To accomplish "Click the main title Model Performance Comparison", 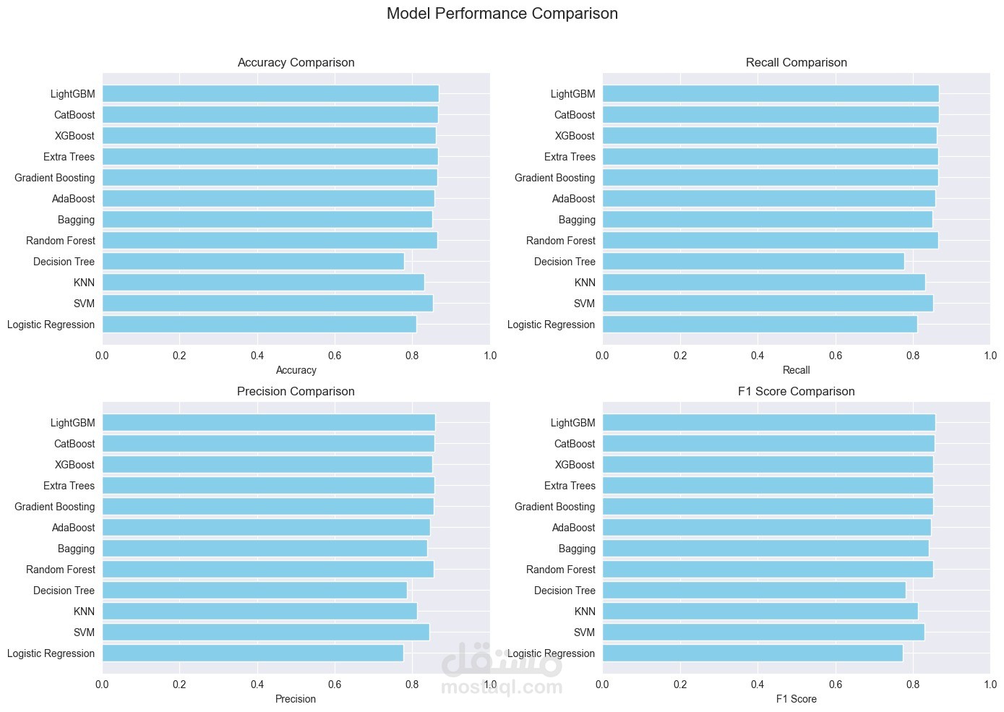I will pyautogui.click(x=502, y=14).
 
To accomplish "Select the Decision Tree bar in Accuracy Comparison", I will pyautogui.click(x=253, y=262).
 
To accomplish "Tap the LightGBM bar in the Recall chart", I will pyautogui.click(x=770, y=94).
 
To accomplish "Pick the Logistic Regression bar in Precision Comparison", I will pyautogui.click(x=252, y=653).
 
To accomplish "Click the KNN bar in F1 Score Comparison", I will pyautogui.click(x=760, y=612).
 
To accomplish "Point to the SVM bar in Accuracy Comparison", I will pyautogui.click(x=267, y=304).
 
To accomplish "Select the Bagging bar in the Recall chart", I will pyautogui.click(x=767, y=220).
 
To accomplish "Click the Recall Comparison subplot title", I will pyautogui.click(x=796, y=63).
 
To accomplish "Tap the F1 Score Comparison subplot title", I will pyautogui.click(x=796, y=392).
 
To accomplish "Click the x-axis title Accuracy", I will pyautogui.click(x=296, y=370).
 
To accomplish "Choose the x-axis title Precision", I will pyautogui.click(x=296, y=699).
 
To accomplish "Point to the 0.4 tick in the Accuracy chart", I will pyautogui.click(x=257, y=356).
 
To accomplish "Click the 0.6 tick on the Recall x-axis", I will pyautogui.click(x=835, y=356).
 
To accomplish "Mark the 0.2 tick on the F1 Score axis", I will pyautogui.click(x=679, y=685).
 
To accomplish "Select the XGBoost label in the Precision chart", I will pyautogui.click(x=74, y=465).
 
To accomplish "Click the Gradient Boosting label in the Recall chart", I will pyautogui.click(x=554, y=178).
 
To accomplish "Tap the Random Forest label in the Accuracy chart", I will pyautogui.click(x=60, y=241).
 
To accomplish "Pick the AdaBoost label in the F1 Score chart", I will pyautogui.click(x=573, y=528).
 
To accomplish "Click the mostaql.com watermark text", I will pyautogui.click(x=502, y=687).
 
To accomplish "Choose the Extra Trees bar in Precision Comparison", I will pyautogui.click(x=267, y=486).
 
